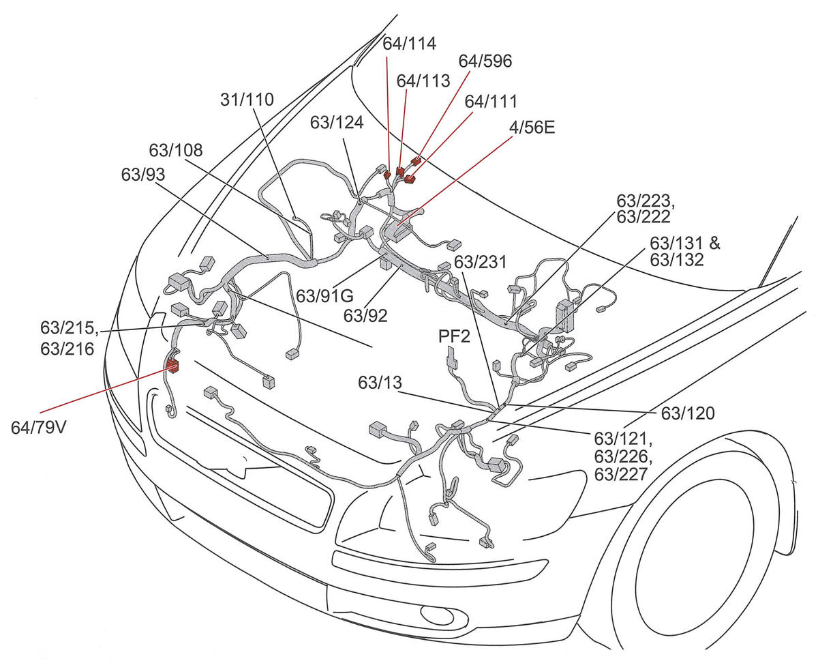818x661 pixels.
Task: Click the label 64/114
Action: tap(409, 44)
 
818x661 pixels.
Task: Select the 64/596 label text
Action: tap(485, 61)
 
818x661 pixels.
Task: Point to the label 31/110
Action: tap(247, 100)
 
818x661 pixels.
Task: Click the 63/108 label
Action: tap(176, 150)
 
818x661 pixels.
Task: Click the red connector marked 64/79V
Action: tap(172, 366)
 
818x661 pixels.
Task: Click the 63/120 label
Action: tap(688, 413)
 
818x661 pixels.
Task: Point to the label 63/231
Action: tap(476, 263)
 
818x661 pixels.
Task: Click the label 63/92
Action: tap(366, 315)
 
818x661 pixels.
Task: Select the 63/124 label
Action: tap(337, 122)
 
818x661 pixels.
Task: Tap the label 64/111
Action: tap(491, 101)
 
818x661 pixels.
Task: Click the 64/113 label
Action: tap(423, 80)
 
